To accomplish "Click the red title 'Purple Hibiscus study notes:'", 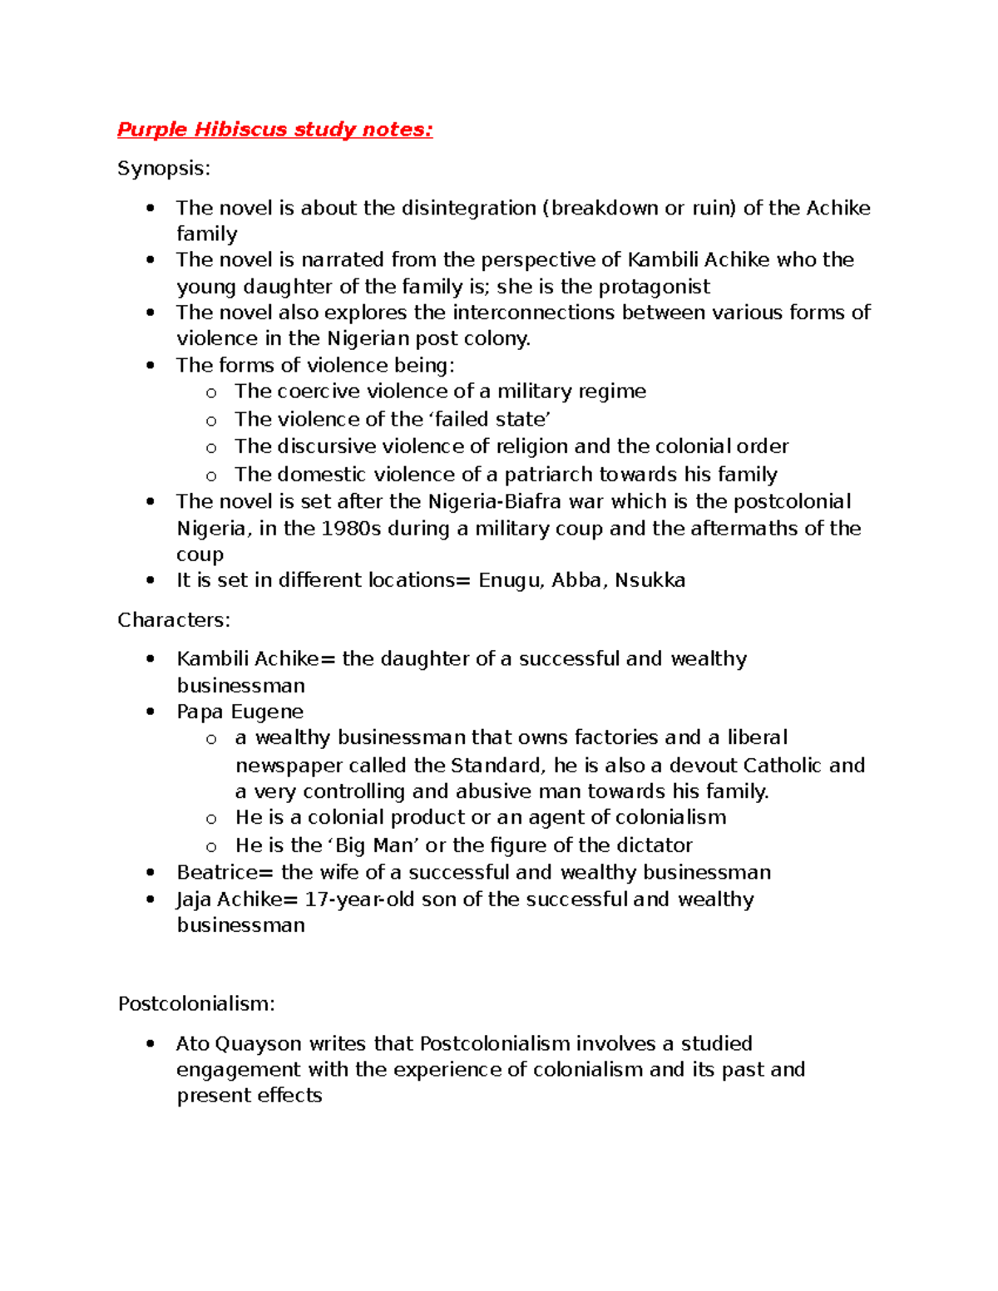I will click(274, 130).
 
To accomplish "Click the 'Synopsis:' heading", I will click(164, 169).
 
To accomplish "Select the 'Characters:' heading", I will click(174, 620).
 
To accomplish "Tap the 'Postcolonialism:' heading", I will click(196, 1004).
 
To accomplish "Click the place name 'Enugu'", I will click(511, 580).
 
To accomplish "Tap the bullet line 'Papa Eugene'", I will click(240, 712).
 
